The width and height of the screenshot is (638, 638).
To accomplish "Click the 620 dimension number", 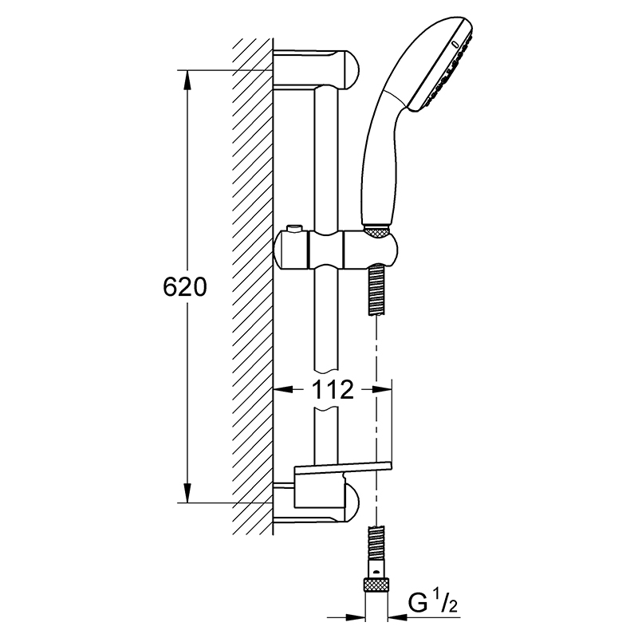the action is [185, 288].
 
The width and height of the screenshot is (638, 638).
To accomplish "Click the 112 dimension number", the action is [333, 390].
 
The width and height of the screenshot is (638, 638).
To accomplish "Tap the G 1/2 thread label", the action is [432, 605].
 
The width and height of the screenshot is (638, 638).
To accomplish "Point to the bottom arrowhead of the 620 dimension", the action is [187, 493].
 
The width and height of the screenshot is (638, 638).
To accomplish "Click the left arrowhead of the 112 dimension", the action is [283, 390].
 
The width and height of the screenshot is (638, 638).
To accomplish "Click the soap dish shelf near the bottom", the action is [343, 469].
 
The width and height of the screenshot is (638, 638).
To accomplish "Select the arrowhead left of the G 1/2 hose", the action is [355, 617].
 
